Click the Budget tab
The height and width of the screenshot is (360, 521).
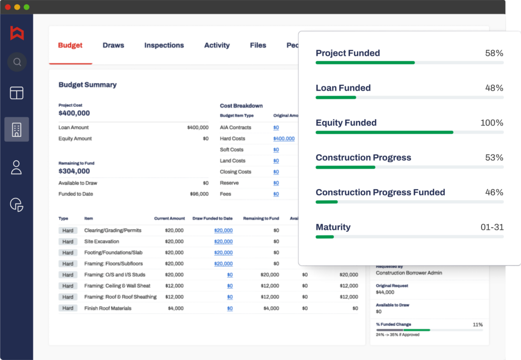pyautogui.click(x=70, y=45)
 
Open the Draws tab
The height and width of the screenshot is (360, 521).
pyautogui.click(x=113, y=45)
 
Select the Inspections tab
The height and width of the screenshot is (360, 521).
pyautogui.click(x=164, y=45)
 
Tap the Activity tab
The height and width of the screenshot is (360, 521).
pyautogui.click(x=217, y=45)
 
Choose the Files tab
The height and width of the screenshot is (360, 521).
pyautogui.click(x=258, y=45)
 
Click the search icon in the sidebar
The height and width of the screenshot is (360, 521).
pyautogui.click(x=17, y=62)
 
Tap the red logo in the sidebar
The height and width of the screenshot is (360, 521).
pyautogui.click(x=17, y=33)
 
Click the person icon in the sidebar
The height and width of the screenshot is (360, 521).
pyautogui.click(x=16, y=167)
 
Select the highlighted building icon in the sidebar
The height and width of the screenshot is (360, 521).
pyautogui.click(x=16, y=129)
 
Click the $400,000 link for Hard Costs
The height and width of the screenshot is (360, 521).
pyautogui.click(x=283, y=139)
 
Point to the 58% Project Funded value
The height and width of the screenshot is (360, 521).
pyautogui.click(x=494, y=53)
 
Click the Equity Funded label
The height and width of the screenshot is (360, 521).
pyautogui.click(x=346, y=123)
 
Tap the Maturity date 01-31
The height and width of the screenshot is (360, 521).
pyautogui.click(x=491, y=227)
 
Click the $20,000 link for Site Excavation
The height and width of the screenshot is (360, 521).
pyautogui.click(x=223, y=242)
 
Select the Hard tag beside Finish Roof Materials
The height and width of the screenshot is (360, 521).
pyautogui.click(x=68, y=308)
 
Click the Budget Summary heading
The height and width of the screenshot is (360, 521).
pyautogui.click(x=88, y=85)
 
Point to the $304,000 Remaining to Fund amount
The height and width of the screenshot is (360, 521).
pyautogui.click(x=74, y=171)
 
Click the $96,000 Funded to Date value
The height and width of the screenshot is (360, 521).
pyautogui.click(x=199, y=194)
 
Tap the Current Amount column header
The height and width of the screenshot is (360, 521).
pyautogui.click(x=169, y=219)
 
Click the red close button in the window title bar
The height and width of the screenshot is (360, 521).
pyautogui.click(x=8, y=7)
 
